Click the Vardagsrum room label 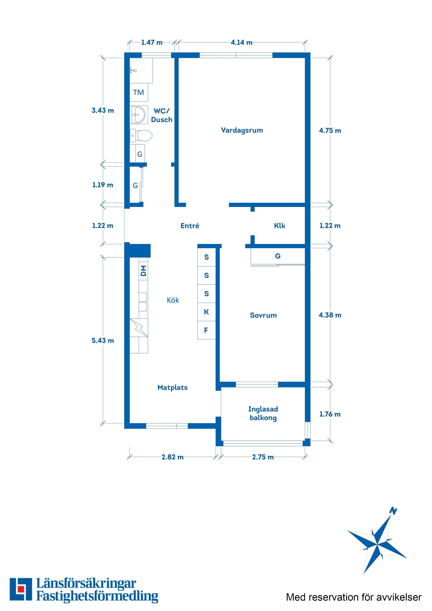(242, 130)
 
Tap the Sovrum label (263, 315)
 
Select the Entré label (190, 226)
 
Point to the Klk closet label (279, 226)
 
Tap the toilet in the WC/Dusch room (141, 135)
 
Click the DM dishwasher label (144, 271)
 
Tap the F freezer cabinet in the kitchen (206, 330)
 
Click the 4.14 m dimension (241, 43)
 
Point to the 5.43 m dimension (103, 341)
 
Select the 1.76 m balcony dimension (330, 414)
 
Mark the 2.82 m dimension (173, 457)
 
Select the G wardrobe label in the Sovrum (278, 256)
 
